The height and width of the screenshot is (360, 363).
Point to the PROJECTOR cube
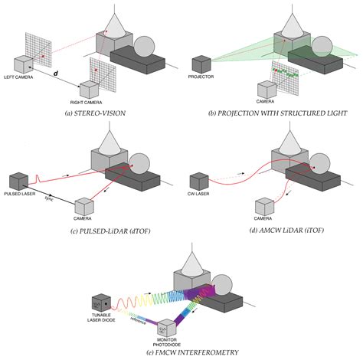[x=202, y=63]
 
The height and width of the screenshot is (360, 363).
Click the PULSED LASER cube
[x=18, y=181]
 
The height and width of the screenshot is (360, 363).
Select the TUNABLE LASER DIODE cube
[x=100, y=303]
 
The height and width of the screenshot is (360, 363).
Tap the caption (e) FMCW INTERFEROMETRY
[x=181, y=351]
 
